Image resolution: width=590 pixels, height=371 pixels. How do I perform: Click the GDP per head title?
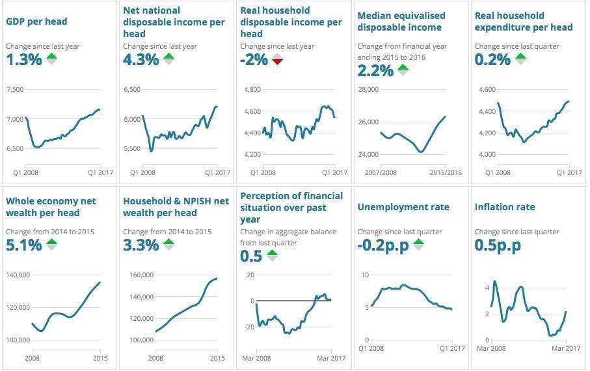[x=36, y=21]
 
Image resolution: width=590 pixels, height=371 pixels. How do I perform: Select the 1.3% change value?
[x=24, y=59]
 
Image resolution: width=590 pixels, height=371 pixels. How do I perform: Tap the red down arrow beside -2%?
[x=278, y=59]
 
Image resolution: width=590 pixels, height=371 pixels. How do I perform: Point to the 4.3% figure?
[x=141, y=59]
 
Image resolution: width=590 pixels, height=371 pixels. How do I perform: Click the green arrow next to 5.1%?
[x=51, y=245]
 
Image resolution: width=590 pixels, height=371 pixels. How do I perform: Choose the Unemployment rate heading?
[x=403, y=207]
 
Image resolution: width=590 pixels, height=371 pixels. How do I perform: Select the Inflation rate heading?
[x=505, y=207]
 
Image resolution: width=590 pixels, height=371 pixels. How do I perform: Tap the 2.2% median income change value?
[x=375, y=70]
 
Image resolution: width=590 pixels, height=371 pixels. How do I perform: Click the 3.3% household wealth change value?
[x=141, y=245]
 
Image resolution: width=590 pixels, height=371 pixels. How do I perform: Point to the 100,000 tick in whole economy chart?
[x=18, y=340]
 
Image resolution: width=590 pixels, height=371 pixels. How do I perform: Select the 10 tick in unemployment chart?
[x=366, y=275]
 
